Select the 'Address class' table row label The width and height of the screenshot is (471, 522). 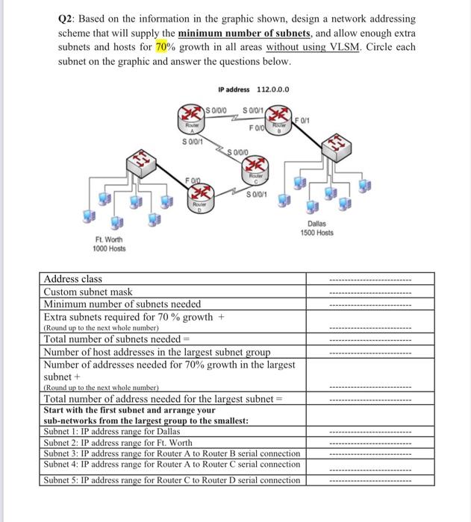[x=72, y=279]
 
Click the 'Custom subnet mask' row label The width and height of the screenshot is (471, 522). [x=88, y=292]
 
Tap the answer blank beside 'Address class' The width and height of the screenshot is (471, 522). [x=370, y=280]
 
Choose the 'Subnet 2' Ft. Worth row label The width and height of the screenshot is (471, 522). [x=118, y=442]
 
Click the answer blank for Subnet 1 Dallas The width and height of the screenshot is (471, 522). [x=370, y=432]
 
